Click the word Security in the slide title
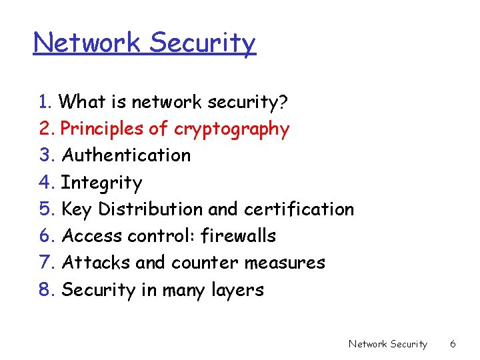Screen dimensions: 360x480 (x=202, y=43)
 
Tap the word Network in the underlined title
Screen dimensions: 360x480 (x=88, y=43)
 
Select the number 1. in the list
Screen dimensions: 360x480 (x=46, y=102)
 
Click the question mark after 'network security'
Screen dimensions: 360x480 (x=283, y=102)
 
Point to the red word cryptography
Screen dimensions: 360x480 (x=232, y=129)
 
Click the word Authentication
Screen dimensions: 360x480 (x=126, y=155)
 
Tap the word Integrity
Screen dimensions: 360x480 (x=101, y=183)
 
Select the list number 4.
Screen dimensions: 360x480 (x=47, y=182)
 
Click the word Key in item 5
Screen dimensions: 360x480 (x=77, y=209)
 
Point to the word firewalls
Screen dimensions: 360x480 (x=238, y=236)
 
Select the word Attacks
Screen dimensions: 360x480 (x=96, y=263)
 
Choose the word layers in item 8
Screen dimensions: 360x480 (x=239, y=290)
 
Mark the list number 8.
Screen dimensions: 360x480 (x=47, y=290)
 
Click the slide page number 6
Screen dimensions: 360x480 (x=453, y=344)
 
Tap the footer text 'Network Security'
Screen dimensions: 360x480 (x=387, y=344)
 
